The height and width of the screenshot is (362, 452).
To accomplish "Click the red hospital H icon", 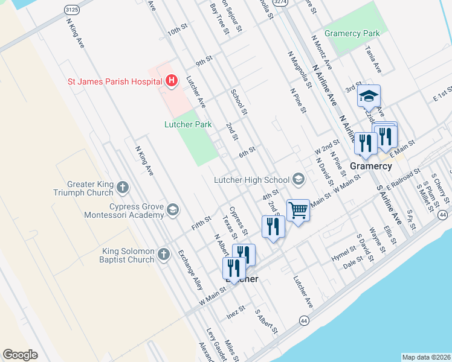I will pos(171,80).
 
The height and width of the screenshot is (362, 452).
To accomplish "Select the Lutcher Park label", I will pos(188,125).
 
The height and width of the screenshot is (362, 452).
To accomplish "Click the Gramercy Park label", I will pos(352,34).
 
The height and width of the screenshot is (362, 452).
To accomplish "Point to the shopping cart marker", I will pos(298,211).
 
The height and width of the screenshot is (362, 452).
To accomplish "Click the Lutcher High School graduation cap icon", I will pos(298,179).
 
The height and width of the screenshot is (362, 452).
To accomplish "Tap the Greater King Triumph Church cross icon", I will pos(123,187).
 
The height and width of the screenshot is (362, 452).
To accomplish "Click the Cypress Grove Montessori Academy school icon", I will pos(172,210).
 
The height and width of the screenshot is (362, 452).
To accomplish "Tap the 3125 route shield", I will pos(71,10).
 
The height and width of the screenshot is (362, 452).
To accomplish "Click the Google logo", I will pos(20,355).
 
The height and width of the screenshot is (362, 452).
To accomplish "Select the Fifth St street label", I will pos(201,223).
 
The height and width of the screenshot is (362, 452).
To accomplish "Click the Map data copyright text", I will pos(426,357).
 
